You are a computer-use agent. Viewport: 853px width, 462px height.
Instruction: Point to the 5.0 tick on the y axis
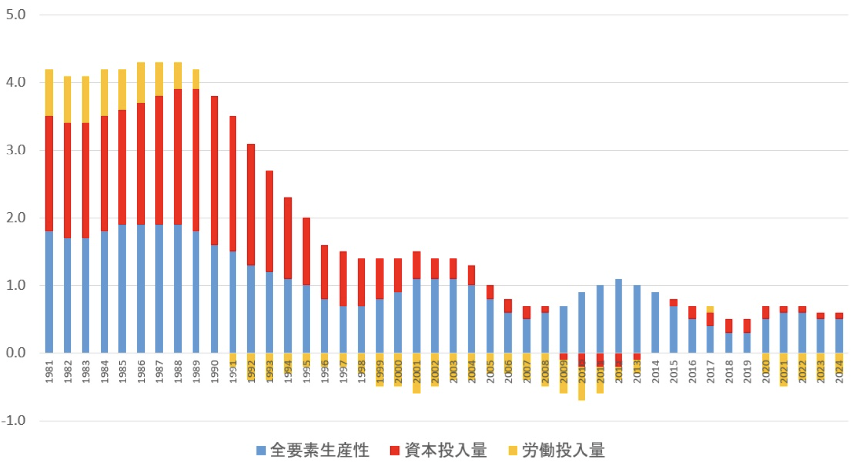[16, 15]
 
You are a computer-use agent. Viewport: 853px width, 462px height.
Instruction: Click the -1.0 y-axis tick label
[14, 421]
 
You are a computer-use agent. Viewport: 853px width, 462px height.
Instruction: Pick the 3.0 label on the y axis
[16, 150]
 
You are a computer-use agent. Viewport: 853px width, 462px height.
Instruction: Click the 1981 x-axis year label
[49, 371]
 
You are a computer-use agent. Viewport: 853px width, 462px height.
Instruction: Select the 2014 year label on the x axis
[656, 371]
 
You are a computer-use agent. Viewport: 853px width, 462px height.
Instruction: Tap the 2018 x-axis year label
[729, 371]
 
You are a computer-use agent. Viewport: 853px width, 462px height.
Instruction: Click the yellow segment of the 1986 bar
[141, 82]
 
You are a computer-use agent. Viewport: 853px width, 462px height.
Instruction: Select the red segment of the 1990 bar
[214, 170]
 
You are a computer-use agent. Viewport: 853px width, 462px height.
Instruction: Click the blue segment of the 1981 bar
[49, 291]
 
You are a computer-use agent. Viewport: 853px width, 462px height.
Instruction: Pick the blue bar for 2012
[619, 316]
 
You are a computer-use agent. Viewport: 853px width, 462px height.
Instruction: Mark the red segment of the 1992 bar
[251, 204]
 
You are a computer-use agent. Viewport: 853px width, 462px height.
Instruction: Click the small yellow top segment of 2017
[710, 309]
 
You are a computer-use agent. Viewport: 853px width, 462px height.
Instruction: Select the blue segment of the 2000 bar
[398, 322]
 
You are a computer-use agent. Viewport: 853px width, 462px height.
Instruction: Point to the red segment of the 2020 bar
[765, 312]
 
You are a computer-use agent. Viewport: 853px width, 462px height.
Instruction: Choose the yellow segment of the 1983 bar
[86, 99]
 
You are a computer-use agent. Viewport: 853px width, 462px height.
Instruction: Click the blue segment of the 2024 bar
[839, 336]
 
